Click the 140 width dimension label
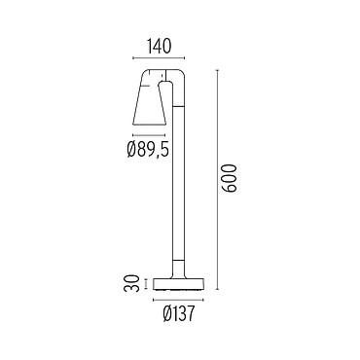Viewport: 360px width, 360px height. click(x=159, y=46)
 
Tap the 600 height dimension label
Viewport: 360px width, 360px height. click(x=231, y=178)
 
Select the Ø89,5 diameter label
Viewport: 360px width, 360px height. click(x=148, y=150)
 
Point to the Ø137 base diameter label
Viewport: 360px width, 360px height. click(x=179, y=314)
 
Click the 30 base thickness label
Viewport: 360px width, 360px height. click(x=132, y=283)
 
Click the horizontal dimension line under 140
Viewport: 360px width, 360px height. click(x=159, y=58)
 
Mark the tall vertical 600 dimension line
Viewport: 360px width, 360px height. click(x=218, y=179)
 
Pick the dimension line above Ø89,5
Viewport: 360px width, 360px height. click(x=149, y=135)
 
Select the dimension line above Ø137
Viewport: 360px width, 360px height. click(x=179, y=300)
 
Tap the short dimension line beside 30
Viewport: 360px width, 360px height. click(x=146, y=283)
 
